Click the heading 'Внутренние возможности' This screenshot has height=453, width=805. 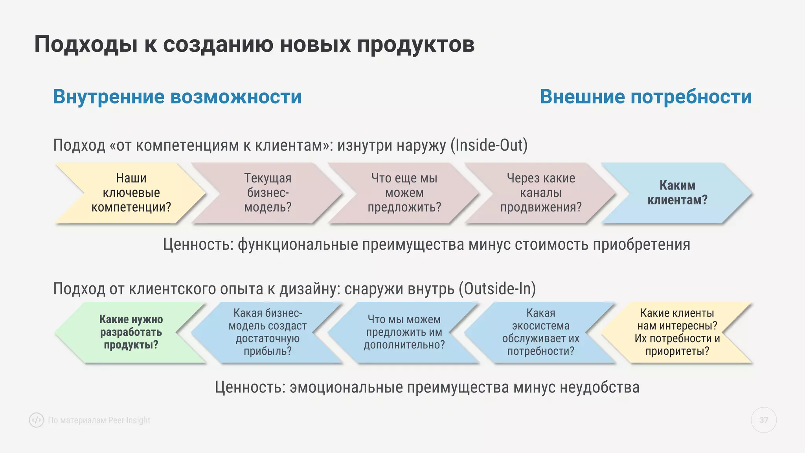177,97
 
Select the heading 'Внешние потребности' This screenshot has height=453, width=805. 645,97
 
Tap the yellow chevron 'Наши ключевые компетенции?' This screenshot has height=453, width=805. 131,193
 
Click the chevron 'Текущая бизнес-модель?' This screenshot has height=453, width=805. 268,193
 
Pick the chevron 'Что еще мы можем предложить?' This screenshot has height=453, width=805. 404,193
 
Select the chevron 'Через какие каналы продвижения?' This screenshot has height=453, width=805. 541,193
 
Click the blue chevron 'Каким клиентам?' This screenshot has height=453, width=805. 677,193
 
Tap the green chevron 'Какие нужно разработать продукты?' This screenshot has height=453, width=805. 131,332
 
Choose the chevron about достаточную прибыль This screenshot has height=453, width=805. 268,332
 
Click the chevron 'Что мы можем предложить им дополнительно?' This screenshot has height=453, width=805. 404,332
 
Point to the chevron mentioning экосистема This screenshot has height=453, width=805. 541,332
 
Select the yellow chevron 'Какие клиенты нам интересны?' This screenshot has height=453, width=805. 677,332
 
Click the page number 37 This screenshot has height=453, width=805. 763,420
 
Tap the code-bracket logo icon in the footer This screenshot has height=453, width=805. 37,420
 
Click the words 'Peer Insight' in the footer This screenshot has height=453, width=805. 129,420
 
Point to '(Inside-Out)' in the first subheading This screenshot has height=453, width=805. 489,145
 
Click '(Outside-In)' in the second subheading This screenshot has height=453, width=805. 497,289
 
